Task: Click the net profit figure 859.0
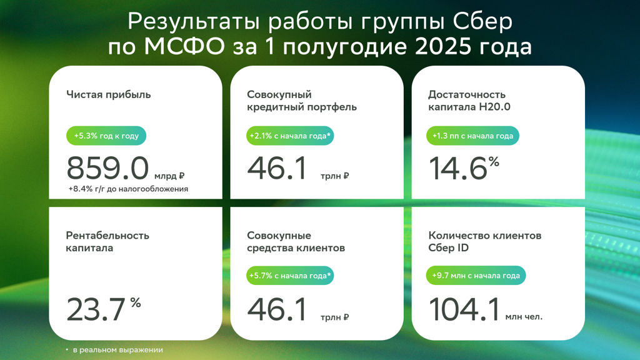tap(107, 168)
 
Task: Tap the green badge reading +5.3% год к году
tap(106, 136)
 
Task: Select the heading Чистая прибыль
tap(109, 95)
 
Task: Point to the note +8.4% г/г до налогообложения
tap(128, 189)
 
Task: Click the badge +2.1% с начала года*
tap(290, 136)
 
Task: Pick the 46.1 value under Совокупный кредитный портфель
tap(277, 168)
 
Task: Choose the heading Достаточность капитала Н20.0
tap(469, 101)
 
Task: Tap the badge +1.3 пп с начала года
tap(472, 136)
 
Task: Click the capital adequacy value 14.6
tap(458, 168)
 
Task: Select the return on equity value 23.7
tap(96, 309)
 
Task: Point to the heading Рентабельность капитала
tap(107, 242)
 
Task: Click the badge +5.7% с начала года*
tap(290, 276)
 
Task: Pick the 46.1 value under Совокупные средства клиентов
tap(277, 309)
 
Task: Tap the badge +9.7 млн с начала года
tap(476, 276)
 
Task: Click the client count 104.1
tap(464, 309)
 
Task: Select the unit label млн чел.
tap(524, 317)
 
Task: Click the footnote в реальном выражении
tap(118, 350)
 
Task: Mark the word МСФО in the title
tap(184, 46)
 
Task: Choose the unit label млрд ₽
tap(169, 176)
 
